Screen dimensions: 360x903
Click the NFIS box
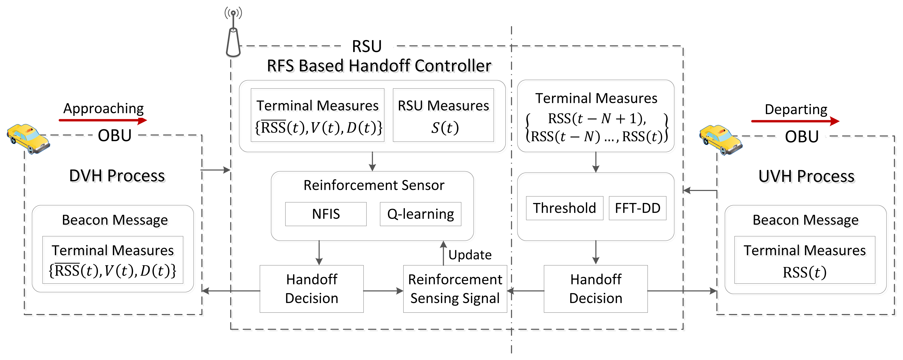[326, 214]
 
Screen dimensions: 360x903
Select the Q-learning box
[420, 214]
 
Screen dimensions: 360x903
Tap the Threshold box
[564, 208]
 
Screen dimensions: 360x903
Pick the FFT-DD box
[637, 208]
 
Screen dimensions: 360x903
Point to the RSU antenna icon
[233, 33]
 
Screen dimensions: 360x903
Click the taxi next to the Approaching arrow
[28, 138]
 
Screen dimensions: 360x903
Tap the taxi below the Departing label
[720, 140]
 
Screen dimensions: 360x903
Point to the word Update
[470, 255]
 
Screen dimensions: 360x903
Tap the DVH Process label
[117, 175]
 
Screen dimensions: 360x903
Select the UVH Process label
[806, 176]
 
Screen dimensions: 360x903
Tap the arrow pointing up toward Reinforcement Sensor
[444, 252]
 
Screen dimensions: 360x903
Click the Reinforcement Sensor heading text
[374, 185]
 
